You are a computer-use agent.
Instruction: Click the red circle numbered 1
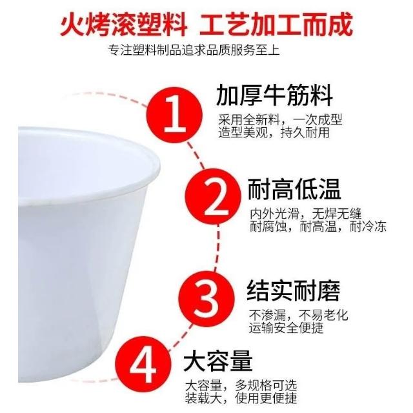click(x=174, y=116)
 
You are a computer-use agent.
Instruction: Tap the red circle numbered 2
click(x=213, y=196)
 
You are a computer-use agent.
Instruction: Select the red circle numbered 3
click(x=206, y=298)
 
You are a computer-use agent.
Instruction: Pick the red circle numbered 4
click(x=143, y=364)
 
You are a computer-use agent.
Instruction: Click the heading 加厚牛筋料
click(x=274, y=96)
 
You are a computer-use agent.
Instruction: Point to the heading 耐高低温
click(x=294, y=188)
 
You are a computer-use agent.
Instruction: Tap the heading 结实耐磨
click(x=293, y=290)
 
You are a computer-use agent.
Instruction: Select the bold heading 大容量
click(x=218, y=361)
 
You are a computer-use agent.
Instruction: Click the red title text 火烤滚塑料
click(x=124, y=25)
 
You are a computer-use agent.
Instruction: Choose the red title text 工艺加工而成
click(x=276, y=25)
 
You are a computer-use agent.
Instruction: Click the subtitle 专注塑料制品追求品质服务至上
click(x=194, y=50)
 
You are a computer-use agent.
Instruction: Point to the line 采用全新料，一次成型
click(x=280, y=120)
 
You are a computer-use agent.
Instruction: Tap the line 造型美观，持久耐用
click(x=274, y=132)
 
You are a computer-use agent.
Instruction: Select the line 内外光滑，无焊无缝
click(x=305, y=214)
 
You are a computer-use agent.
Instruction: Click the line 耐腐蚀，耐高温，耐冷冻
click(x=318, y=227)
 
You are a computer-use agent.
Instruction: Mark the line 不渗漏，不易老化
click(x=298, y=315)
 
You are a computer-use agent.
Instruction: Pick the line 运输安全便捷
click(x=286, y=328)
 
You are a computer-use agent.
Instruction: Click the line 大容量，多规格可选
click(x=241, y=386)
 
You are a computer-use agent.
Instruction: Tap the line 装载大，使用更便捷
click(x=241, y=399)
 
